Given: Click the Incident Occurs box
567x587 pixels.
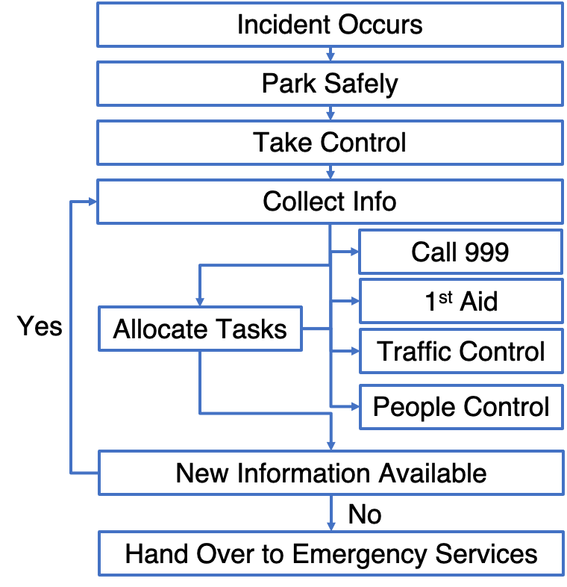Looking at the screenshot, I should tap(330, 25).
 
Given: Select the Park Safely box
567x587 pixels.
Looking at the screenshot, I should tap(330, 84).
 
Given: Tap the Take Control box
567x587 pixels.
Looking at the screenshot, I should tap(330, 143).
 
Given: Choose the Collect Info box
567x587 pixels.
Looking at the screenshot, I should tap(330, 202).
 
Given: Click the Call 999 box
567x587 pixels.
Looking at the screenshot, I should tap(460, 252).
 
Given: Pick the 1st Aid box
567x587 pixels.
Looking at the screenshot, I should tap(460, 302).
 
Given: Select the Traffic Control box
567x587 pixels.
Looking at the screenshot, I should tap(460, 351).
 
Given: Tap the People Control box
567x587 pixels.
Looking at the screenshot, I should tap(460, 407).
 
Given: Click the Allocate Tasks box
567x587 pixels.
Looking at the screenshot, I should tap(200, 329).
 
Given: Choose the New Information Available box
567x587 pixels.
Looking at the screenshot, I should tap(331, 473).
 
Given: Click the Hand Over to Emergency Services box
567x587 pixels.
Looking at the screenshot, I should tap(331, 554).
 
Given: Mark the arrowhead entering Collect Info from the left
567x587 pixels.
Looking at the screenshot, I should tap(92, 202).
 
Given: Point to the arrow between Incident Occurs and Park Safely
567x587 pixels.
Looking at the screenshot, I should tap(331, 55).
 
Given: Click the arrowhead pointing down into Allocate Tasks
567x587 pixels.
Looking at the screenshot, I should tap(200, 300).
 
